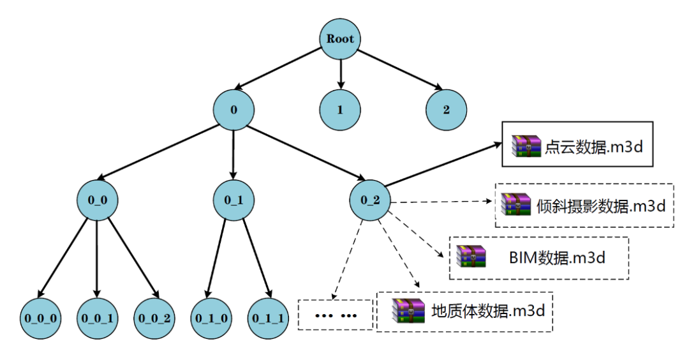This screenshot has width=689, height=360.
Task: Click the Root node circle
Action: pos(340,39)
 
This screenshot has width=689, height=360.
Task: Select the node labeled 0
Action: pos(233,109)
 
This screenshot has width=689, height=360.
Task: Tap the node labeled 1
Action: pos(340,109)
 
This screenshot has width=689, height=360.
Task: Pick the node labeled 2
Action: pos(446,109)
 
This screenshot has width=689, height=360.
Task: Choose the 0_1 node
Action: pos(233,200)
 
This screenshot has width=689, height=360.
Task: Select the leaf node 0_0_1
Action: pos(98,317)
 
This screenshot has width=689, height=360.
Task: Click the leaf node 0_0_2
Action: pos(154,317)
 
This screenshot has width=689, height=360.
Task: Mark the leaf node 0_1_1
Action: pos(267,317)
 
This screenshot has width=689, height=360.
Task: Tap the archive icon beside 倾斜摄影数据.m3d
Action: pos(515,204)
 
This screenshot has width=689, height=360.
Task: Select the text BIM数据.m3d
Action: pos(557,258)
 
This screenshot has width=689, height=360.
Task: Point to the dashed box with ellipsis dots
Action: pos(335,315)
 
